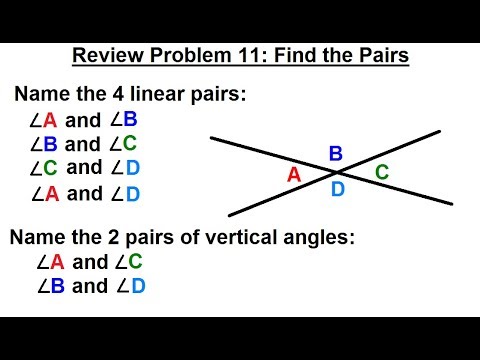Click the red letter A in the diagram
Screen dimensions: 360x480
pyautogui.click(x=294, y=174)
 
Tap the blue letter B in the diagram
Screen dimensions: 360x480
pyautogui.click(x=336, y=153)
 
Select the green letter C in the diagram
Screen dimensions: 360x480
pyautogui.click(x=382, y=172)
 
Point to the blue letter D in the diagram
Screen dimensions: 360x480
pyautogui.click(x=338, y=189)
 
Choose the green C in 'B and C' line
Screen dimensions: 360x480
pyautogui.click(x=129, y=144)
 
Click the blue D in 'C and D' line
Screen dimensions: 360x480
pyautogui.click(x=131, y=168)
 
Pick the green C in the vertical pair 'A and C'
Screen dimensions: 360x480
pyautogui.click(x=135, y=263)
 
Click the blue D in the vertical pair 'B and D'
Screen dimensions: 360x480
pyautogui.click(x=137, y=287)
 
